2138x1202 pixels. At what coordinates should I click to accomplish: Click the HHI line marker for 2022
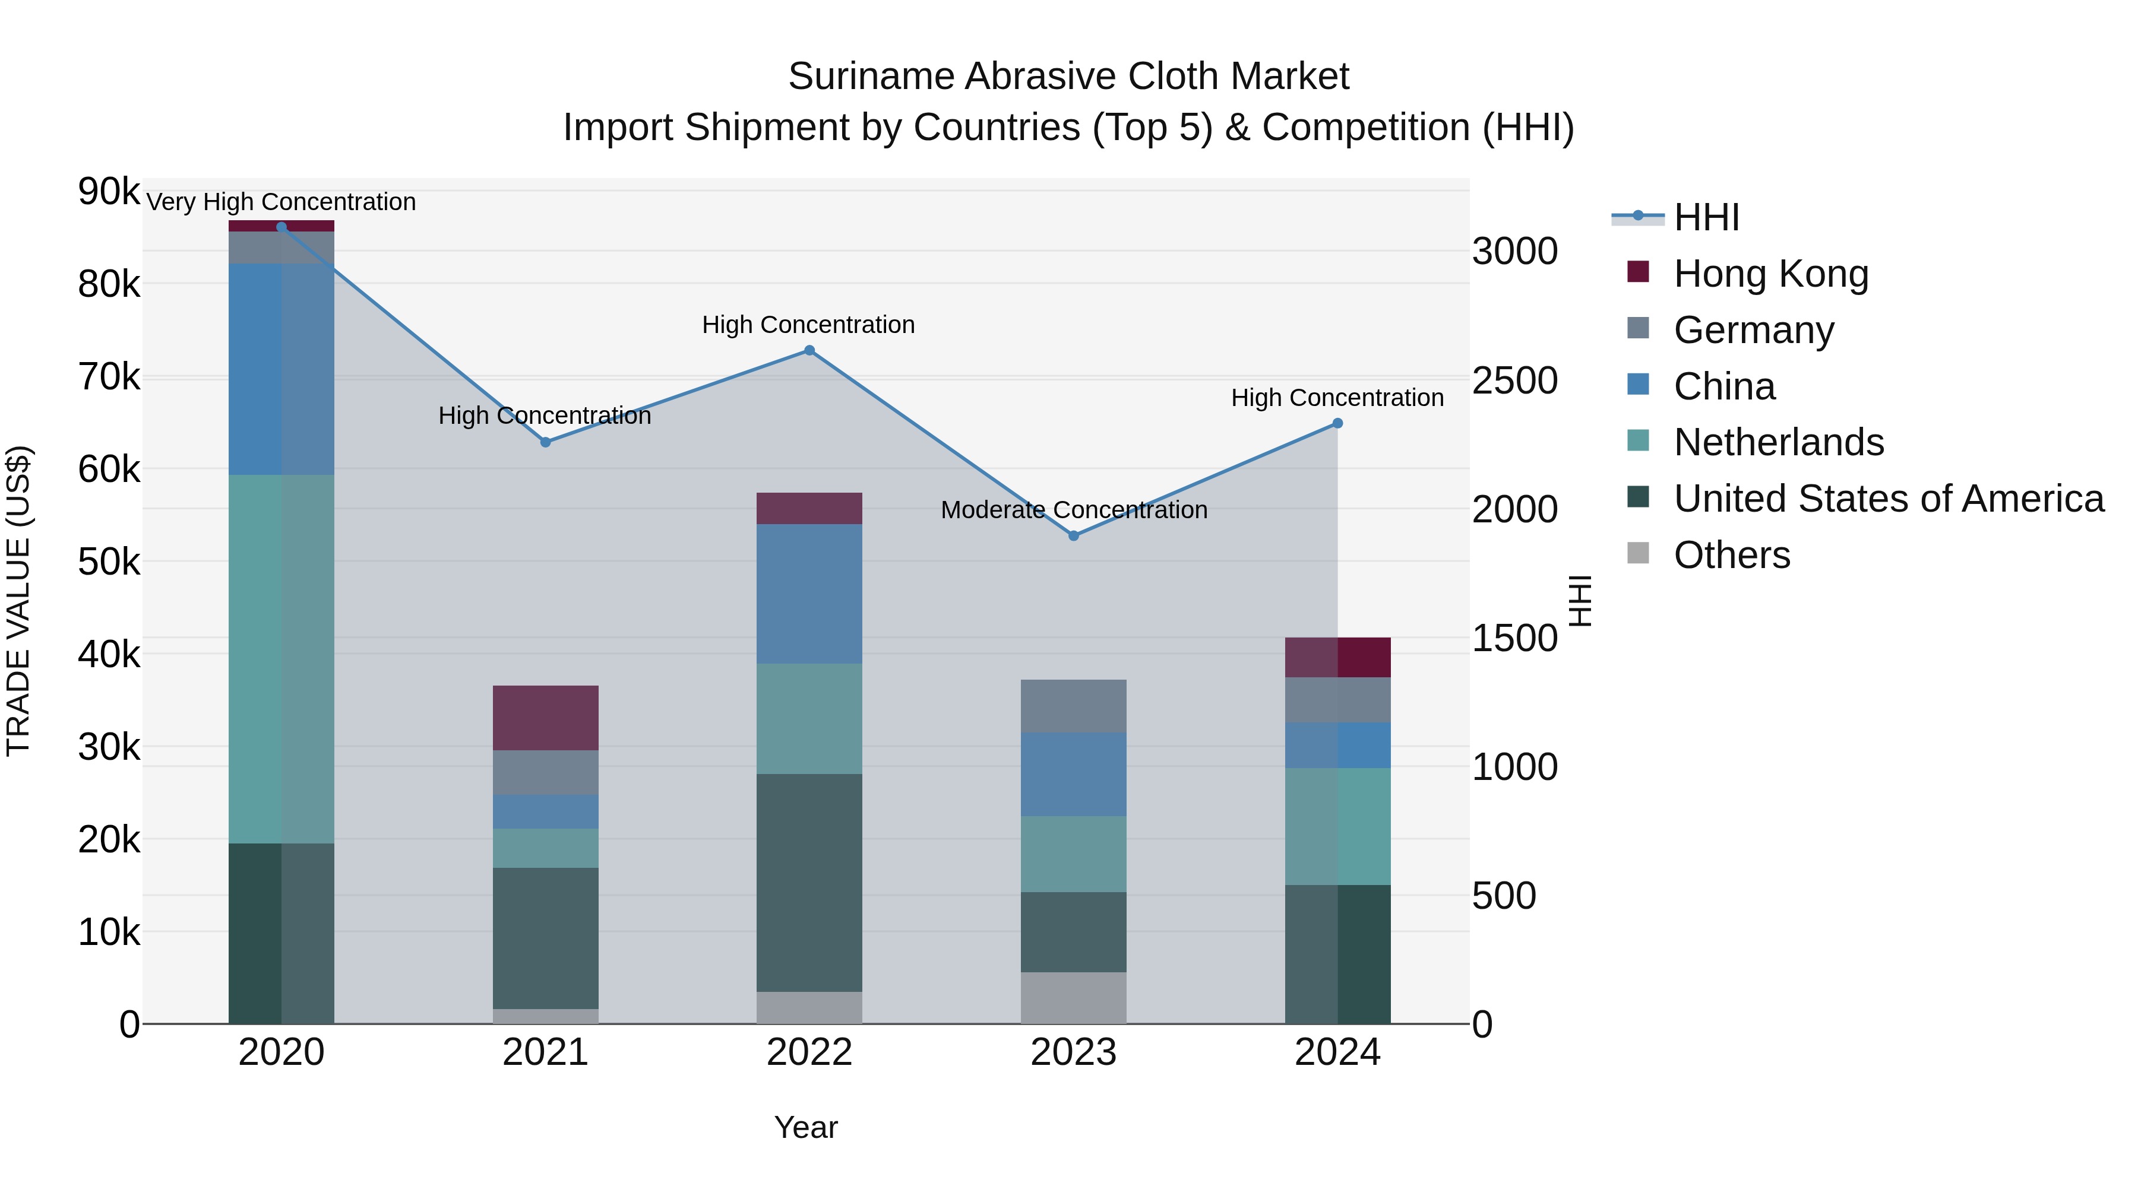coord(809,351)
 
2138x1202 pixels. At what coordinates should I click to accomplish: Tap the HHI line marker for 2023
coord(1073,536)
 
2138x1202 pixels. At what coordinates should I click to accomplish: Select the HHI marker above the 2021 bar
coord(545,442)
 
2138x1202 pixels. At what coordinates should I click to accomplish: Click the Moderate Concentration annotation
coord(1073,509)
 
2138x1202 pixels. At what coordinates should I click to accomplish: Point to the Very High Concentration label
coord(280,202)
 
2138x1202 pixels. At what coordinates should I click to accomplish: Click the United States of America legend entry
coord(1888,498)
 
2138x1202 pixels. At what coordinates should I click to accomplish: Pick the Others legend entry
coord(1731,554)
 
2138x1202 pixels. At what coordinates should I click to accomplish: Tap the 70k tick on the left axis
coord(109,376)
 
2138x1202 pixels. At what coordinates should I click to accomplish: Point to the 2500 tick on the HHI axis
coord(1514,380)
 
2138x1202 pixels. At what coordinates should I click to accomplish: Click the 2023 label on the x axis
coord(1073,1052)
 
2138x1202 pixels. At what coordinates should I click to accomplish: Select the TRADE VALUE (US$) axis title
coord(18,601)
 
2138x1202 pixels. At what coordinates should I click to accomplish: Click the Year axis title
coord(805,1127)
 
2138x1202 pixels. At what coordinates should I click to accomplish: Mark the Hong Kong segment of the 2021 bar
coord(545,718)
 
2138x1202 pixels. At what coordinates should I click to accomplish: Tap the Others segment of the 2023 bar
coord(1073,997)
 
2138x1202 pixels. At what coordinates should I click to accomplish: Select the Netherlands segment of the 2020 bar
coord(280,659)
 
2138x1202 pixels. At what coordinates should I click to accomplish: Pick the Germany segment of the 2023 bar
coord(1073,706)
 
